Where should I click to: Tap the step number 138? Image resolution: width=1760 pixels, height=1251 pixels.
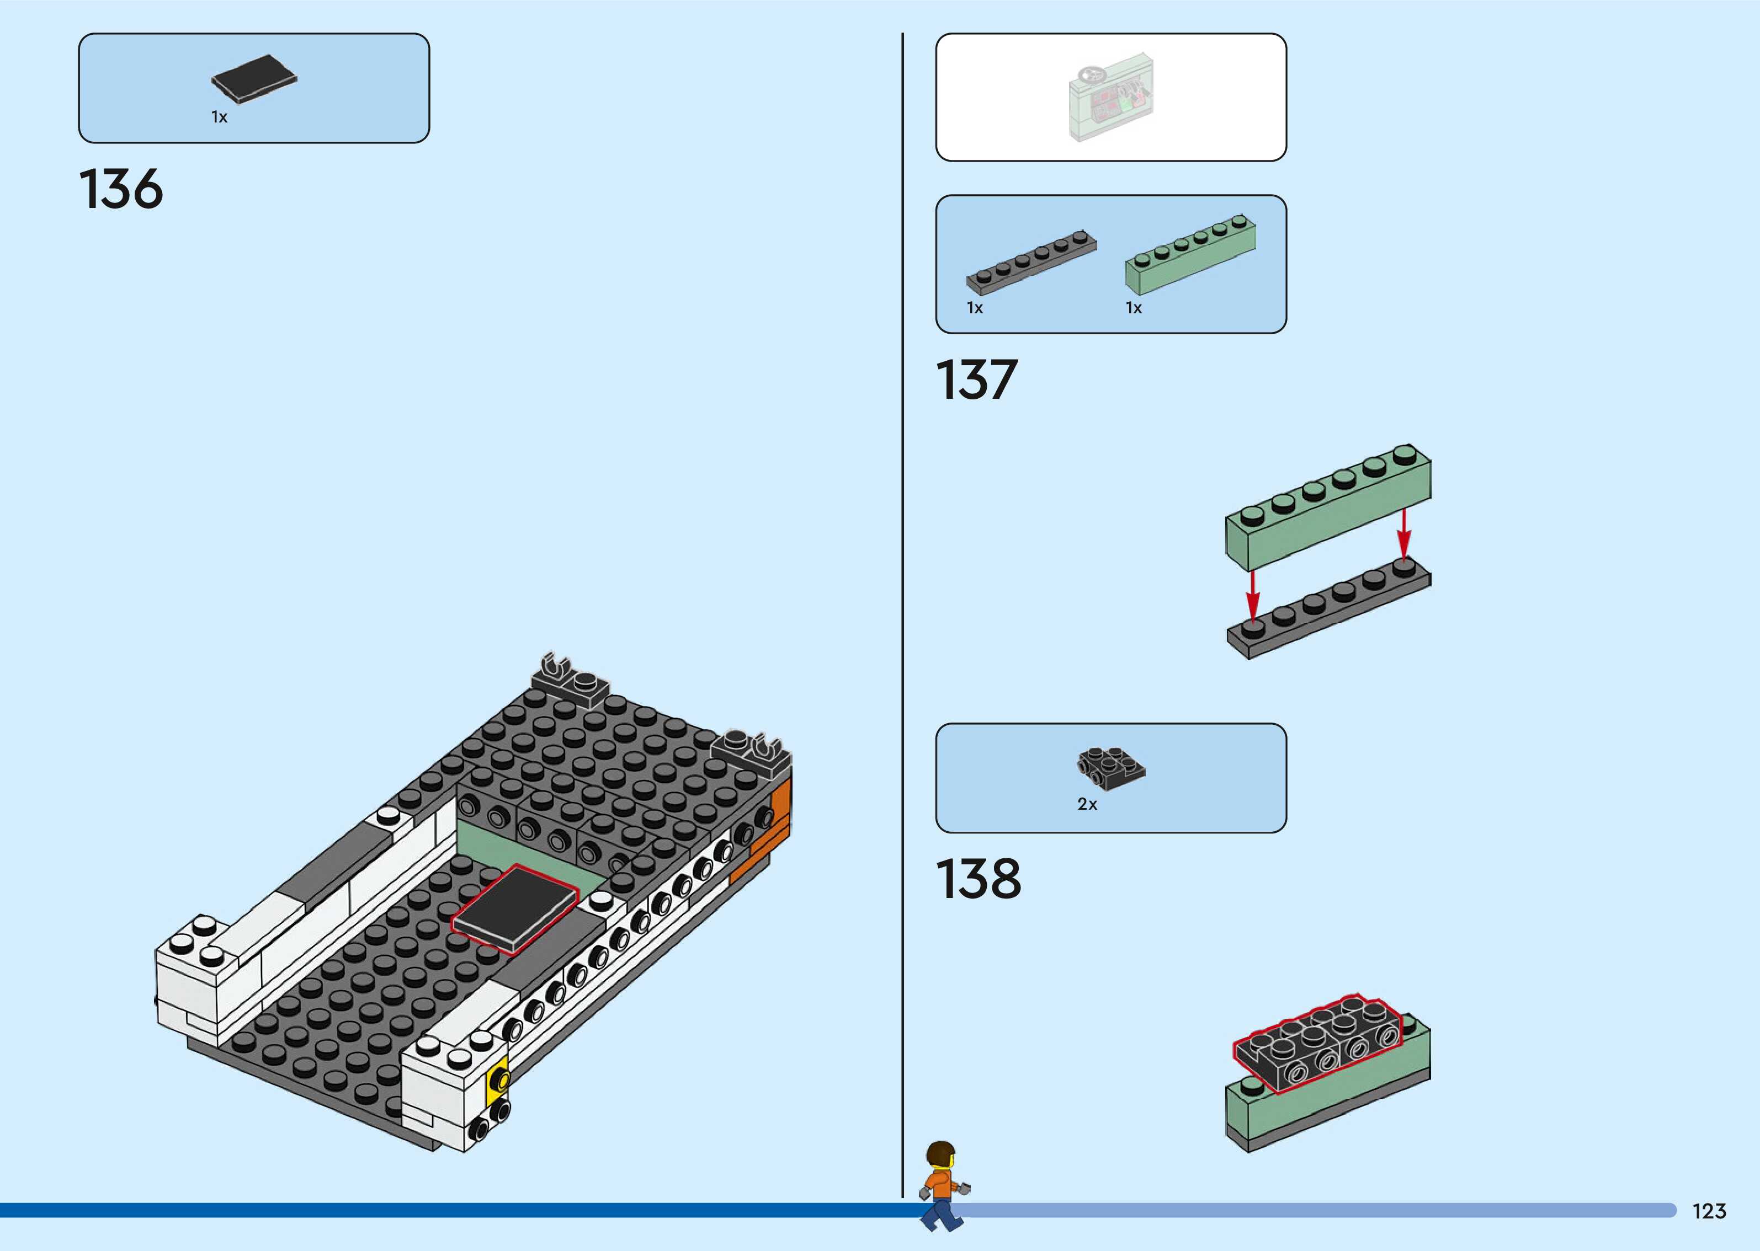pos(978,879)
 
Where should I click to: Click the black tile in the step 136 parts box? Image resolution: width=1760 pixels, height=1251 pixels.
pos(253,78)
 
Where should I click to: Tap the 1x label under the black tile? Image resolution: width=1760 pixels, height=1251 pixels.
pos(220,117)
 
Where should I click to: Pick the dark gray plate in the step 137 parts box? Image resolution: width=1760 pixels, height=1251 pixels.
pos(1031,262)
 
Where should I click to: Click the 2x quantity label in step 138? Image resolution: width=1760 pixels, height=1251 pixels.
pos(1087,804)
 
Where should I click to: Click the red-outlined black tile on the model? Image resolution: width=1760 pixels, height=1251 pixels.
pos(515,910)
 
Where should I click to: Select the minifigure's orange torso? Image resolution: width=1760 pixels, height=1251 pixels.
pos(940,1183)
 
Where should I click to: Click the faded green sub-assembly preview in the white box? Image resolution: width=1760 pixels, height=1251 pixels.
pos(1110,98)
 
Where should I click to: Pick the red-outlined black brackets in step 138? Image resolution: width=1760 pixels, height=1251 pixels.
pos(1318,1043)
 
